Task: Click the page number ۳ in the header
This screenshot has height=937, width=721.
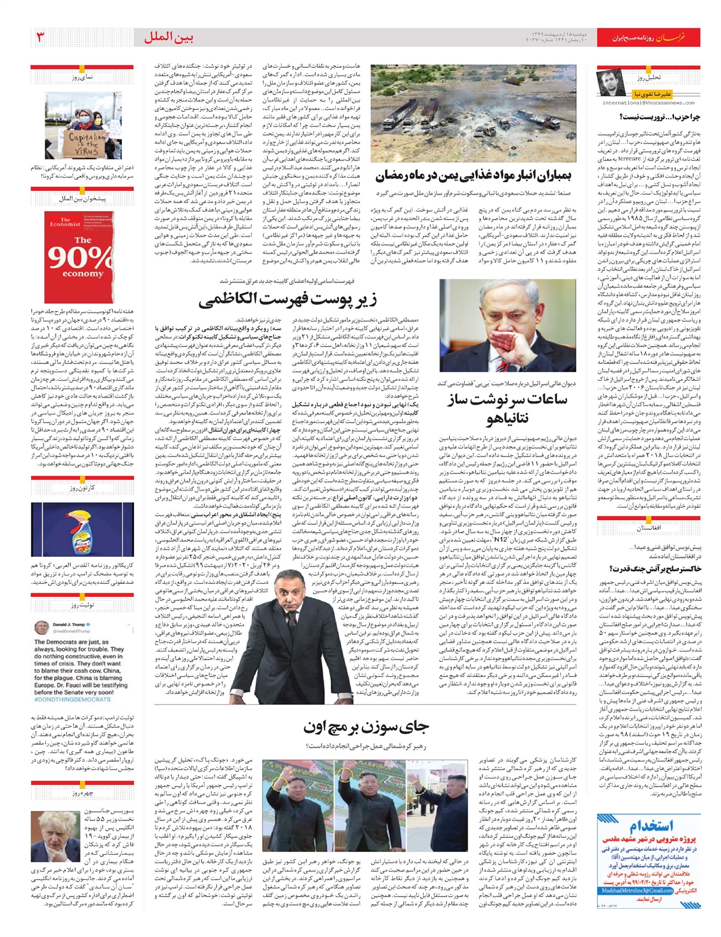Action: [x=41, y=37]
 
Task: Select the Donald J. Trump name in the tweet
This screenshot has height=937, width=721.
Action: [x=69, y=625]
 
